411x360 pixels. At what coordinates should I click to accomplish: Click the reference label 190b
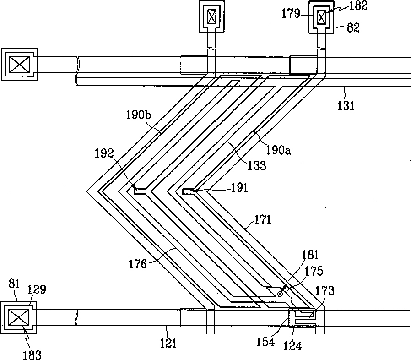(x=139, y=116)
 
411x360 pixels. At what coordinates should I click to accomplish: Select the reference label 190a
(x=279, y=150)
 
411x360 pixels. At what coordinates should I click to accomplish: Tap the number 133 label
(x=257, y=165)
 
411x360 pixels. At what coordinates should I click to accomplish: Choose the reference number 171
(x=263, y=220)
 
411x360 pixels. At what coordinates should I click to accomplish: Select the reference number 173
(x=325, y=290)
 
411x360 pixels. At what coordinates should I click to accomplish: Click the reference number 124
(x=293, y=347)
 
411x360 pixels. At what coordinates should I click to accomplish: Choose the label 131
(x=346, y=106)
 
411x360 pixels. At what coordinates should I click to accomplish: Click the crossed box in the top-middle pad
(x=211, y=17)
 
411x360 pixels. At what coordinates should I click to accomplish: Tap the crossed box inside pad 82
(x=322, y=17)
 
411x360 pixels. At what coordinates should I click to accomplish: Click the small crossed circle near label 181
(x=280, y=294)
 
